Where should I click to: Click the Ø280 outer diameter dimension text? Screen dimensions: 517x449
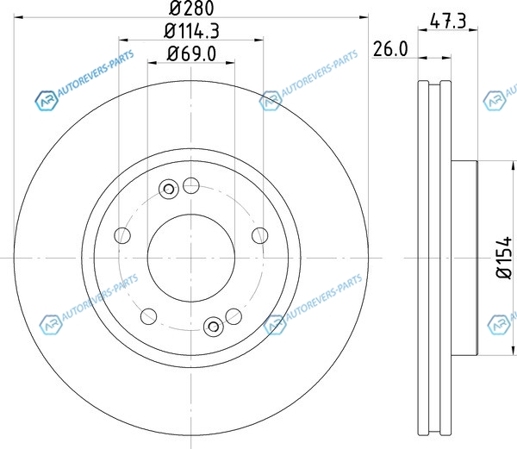[x=191, y=9]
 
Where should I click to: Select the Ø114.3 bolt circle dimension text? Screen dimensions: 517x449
[x=191, y=31]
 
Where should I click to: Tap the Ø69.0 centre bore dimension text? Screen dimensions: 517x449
[x=191, y=53]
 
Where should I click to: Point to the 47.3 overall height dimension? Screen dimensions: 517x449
[x=448, y=21]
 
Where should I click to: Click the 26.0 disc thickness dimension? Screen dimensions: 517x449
[x=390, y=49]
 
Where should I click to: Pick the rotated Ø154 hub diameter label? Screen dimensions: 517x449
[x=504, y=257]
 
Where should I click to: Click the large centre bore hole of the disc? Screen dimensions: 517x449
[x=191, y=259]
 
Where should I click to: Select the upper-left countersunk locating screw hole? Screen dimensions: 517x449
[x=169, y=190]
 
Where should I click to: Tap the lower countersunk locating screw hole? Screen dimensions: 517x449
[x=214, y=327]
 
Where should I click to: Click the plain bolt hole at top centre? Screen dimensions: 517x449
[x=191, y=185]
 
